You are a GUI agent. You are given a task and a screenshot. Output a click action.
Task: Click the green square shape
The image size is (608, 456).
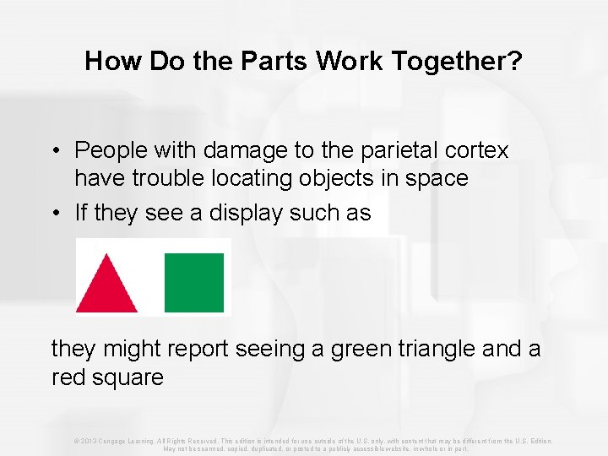click(194, 283)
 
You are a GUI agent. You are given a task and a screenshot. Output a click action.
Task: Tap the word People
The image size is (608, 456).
click(110, 150)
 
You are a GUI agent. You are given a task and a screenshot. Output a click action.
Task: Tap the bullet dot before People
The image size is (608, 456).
click(53, 151)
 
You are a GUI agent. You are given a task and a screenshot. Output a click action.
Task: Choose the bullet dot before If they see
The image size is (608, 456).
click(53, 214)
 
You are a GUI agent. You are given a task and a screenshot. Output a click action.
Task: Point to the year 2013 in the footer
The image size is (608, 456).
click(91, 441)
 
